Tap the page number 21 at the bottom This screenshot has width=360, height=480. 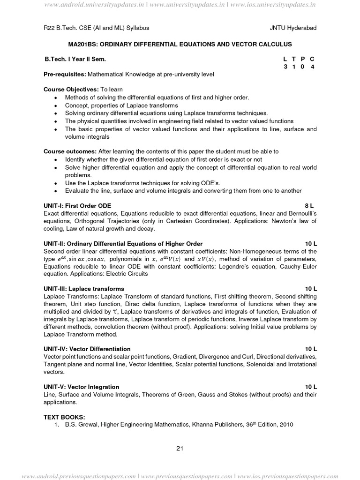(x=180, y=448)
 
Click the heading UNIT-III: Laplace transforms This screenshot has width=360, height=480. (x=84, y=288)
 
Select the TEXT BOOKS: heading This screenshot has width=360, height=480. (x=64, y=417)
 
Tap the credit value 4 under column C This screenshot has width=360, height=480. (x=312, y=67)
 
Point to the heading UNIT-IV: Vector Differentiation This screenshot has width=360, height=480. (x=87, y=349)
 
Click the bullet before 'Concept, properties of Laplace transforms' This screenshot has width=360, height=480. (x=56, y=105)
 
